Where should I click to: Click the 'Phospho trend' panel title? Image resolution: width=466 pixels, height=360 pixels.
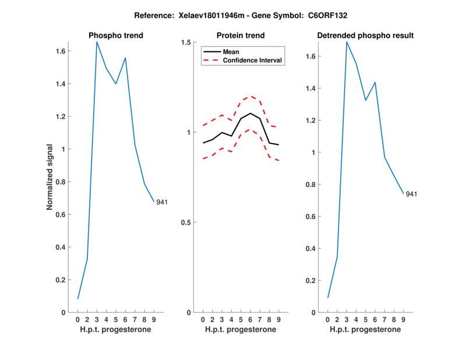(116, 36)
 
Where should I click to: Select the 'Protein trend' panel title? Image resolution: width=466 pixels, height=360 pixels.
(241, 36)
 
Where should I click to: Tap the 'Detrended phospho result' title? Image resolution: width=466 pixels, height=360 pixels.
(365, 36)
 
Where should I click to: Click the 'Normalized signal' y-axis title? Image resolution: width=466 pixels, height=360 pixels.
(51, 177)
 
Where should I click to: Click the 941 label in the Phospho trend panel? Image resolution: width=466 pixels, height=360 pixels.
(162, 202)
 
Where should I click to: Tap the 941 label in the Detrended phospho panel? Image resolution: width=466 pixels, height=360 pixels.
(411, 194)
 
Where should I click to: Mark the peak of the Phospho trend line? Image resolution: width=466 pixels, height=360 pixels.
(97, 42)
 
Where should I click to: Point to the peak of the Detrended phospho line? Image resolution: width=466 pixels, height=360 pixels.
(347, 42)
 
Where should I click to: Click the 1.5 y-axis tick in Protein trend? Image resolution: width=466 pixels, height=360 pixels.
(187, 43)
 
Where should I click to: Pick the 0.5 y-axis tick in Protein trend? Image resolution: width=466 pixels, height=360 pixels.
(187, 223)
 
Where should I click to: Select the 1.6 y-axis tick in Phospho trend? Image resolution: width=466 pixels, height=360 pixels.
(61, 51)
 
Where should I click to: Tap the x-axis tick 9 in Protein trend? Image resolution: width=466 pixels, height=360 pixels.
(278, 320)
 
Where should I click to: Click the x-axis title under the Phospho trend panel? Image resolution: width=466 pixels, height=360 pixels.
(116, 330)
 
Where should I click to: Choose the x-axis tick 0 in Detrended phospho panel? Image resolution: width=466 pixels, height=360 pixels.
(328, 320)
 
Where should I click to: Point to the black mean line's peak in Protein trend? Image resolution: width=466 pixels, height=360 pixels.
(250, 113)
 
